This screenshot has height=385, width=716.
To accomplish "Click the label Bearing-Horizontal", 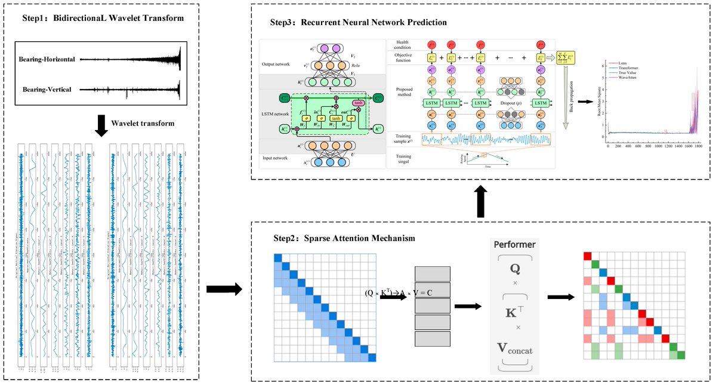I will pyautogui.click(x=48, y=59).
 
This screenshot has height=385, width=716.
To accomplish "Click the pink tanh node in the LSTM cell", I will pyautogui.click(x=358, y=103).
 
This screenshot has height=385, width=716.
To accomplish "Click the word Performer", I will pyautogui.click(x=514, y=244).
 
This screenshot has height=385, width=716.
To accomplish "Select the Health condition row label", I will pyautogui.click(x=406, y=45).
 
